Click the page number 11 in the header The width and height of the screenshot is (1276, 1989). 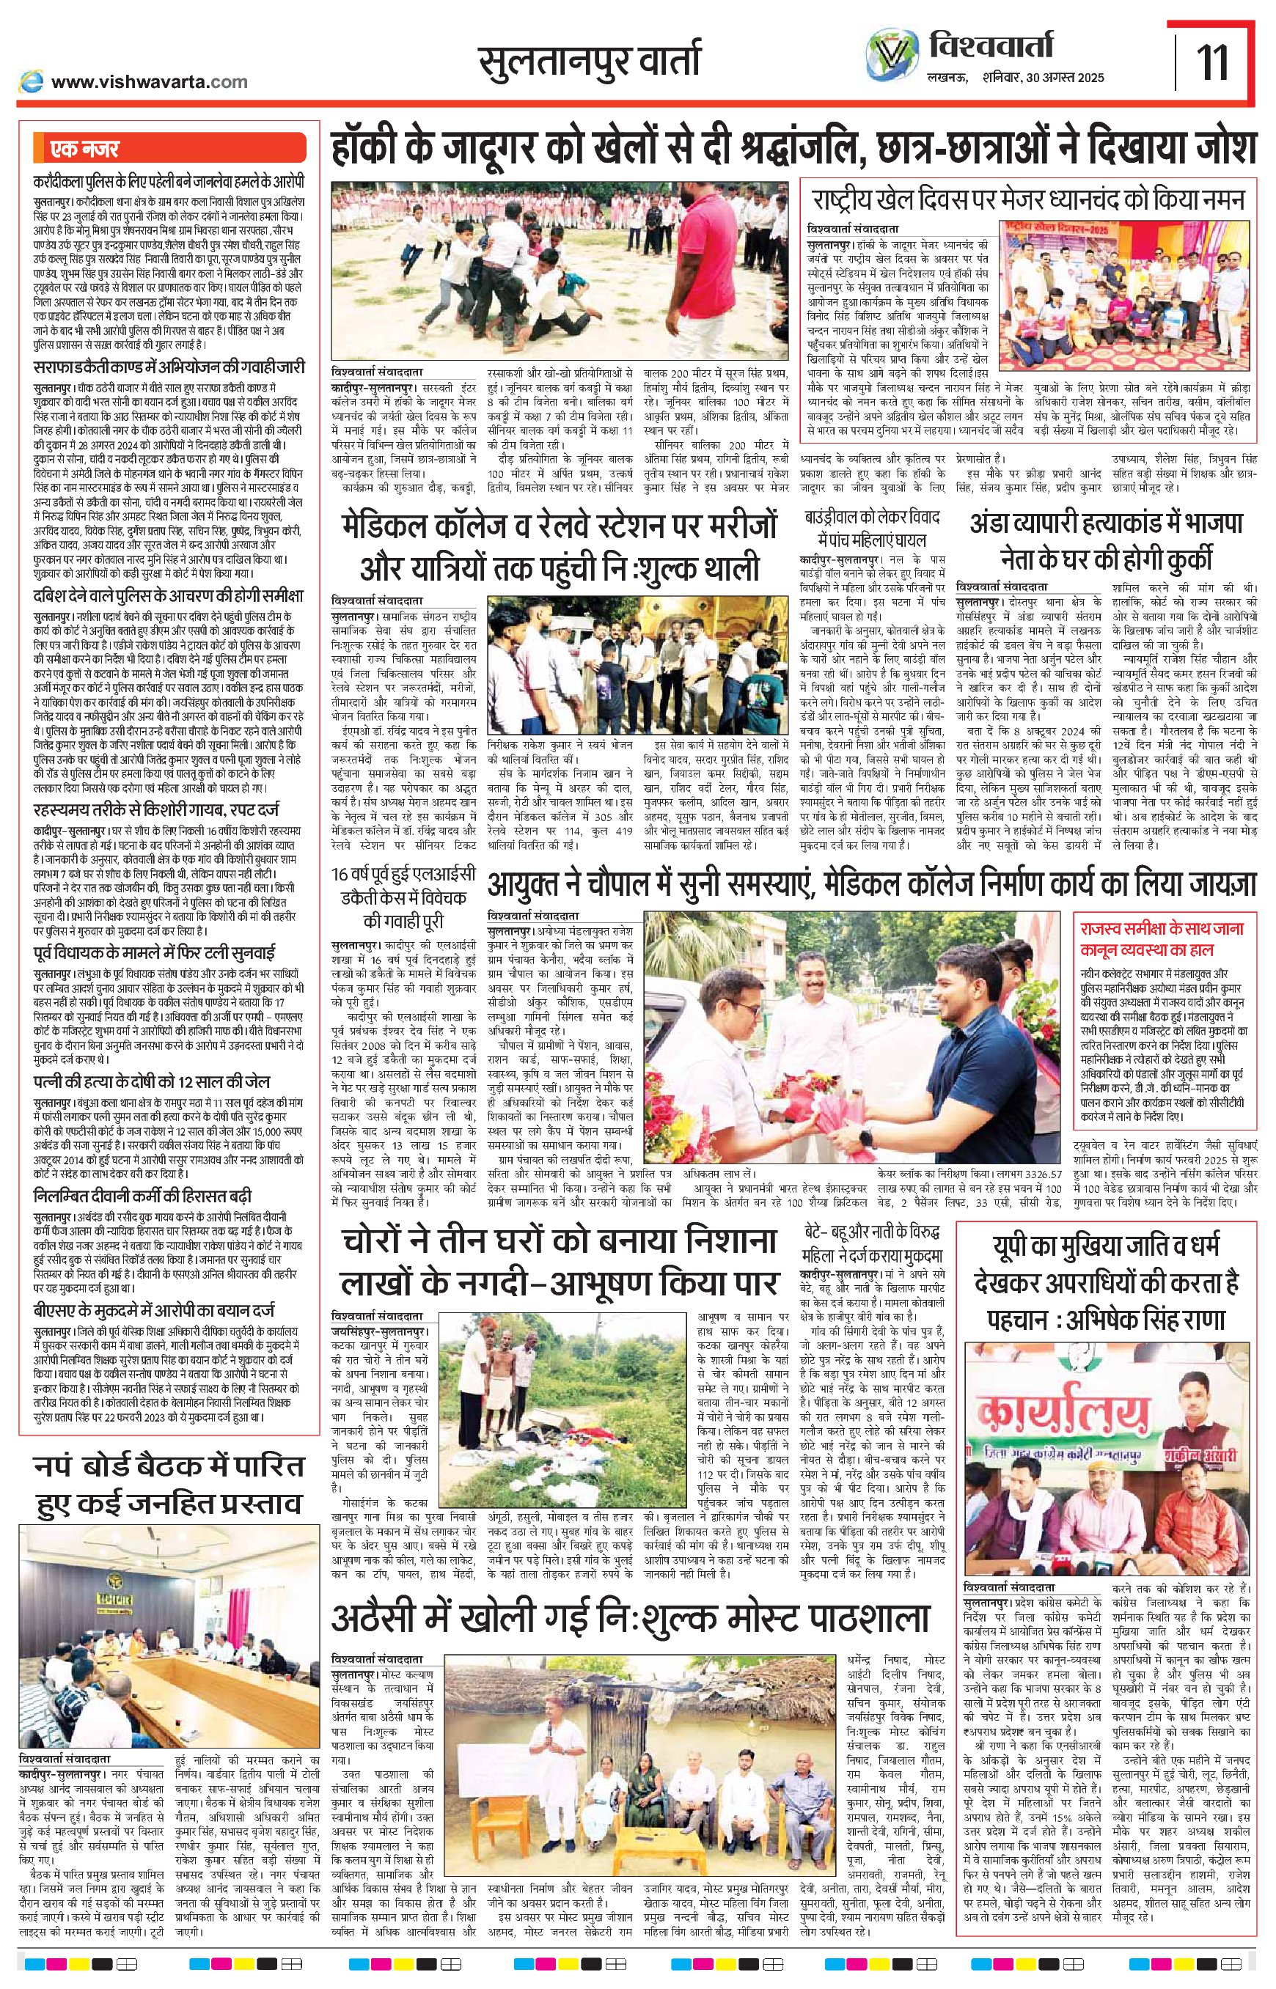tap(1214, 63)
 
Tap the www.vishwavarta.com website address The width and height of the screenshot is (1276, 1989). tap(149, 81)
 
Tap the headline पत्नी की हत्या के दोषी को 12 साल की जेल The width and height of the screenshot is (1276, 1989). tap(152, 1082)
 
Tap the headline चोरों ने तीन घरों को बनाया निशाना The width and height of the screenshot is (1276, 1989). tap(560, 1243)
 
